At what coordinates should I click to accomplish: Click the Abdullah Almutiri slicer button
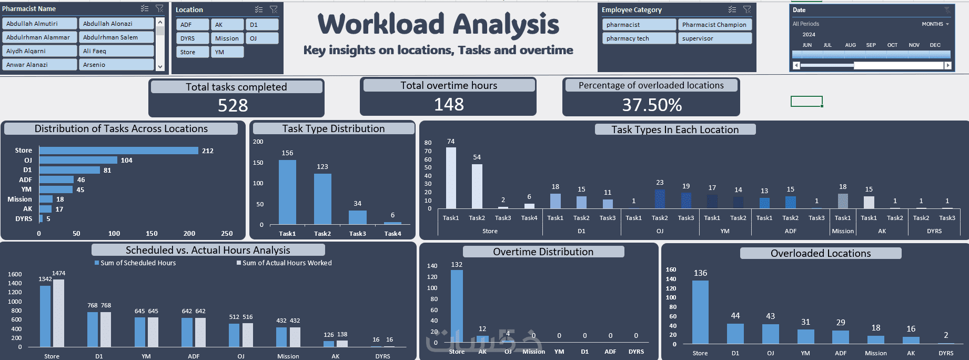tap(40, 24)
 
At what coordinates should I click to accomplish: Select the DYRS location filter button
tap(192, 38)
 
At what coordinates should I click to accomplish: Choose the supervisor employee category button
tap(714, 38)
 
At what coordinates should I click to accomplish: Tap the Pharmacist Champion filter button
tap(714, 25)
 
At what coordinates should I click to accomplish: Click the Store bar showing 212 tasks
tap(118, 151)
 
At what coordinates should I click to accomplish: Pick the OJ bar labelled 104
tap(78, 160)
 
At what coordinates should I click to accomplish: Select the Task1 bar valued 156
tap(287, 192)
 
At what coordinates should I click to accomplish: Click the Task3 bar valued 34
tap(358, 217)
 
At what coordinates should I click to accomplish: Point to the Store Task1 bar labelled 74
tap(451, 177)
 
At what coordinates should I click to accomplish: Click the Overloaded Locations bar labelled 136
tap(700, 312)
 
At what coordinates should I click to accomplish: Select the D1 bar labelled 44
tap(735, 333)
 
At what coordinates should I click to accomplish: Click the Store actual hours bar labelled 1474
tap(58, 313)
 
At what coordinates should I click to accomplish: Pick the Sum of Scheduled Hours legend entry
tap(135, 263)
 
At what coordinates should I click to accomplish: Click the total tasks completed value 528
tap(233, 106)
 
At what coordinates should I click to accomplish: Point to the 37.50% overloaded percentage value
tap(652, 105)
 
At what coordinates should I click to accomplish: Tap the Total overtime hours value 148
tap(449, 105)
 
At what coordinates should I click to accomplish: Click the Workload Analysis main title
tap(438, 25)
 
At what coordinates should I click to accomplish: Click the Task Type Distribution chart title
tap(333, 129)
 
